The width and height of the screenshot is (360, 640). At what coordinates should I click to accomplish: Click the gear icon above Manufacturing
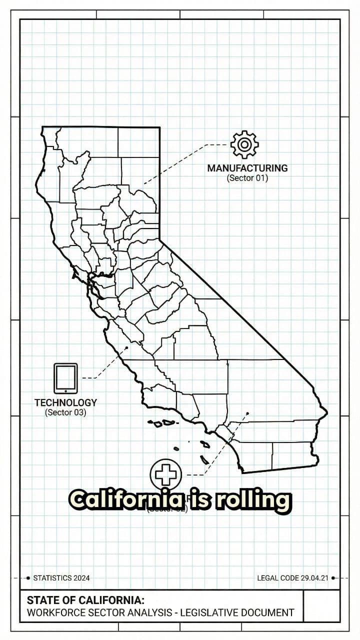244,145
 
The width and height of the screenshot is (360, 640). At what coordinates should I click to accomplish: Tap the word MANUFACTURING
247,168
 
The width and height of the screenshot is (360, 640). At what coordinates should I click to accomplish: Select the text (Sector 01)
247,177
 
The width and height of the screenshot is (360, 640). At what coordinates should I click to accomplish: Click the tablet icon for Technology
65,378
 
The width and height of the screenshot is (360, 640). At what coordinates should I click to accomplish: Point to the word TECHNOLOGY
65,402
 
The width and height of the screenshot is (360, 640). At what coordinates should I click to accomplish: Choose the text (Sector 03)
65,412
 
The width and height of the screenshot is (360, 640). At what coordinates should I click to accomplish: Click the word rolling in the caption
253,500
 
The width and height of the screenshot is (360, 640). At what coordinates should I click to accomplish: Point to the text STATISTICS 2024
61,578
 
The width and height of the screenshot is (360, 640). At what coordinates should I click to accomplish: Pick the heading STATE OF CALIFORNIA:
85,600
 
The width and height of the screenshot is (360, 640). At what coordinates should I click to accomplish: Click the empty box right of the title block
321,606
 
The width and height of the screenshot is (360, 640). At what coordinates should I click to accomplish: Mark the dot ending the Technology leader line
127,348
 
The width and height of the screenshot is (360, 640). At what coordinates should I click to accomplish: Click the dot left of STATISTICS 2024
28,578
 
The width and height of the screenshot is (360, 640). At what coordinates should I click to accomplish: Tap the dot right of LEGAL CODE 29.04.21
333,578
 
